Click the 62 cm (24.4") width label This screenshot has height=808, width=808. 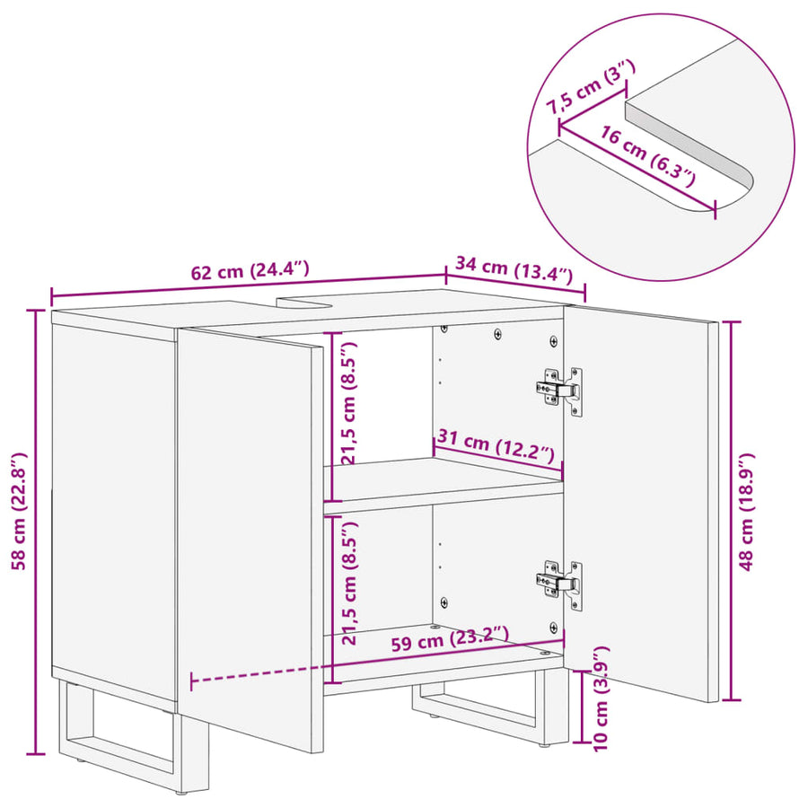pos(250,270)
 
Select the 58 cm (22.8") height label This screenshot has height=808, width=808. pos(19,511)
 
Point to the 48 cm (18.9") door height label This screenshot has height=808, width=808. pos(746,512)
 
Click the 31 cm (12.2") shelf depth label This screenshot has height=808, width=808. pos(496,446)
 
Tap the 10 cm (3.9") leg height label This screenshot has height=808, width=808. pos(601,698)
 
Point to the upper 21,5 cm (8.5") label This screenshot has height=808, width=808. pos(350,403)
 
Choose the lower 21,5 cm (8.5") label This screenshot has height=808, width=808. pos(350,583)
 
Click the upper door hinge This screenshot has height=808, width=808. pos(560,391)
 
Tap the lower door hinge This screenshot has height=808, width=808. pos(560,584)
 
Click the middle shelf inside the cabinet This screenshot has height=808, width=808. pos(444,485)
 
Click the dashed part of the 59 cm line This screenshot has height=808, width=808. pos(257,674)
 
